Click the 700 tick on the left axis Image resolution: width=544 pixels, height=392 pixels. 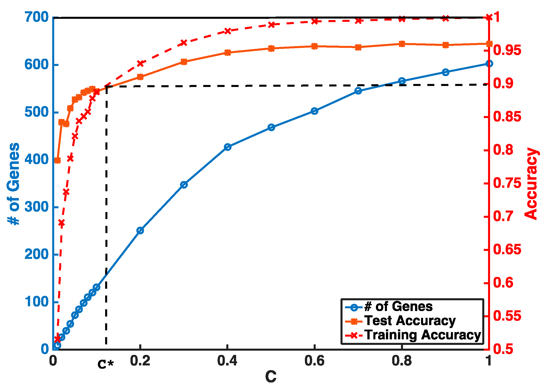tap(36, 17)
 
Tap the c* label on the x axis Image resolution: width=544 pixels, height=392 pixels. tap(106, 364)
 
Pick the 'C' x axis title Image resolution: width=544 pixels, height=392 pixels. tap(271, 377)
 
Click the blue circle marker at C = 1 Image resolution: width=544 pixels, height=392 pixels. tap(489, 64)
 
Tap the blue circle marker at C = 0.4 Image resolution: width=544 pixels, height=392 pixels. tap(228, 147)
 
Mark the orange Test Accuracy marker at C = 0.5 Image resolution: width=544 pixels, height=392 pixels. tap(271, 48)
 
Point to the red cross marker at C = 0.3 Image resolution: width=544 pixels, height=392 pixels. tap(184, 43)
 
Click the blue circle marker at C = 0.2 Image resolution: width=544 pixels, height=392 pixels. tap(140, 231)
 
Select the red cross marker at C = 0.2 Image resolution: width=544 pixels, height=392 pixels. tap(140, 63)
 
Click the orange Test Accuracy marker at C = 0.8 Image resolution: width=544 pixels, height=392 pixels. tap(402, 44)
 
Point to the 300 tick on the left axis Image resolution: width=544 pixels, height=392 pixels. tap(36, 207)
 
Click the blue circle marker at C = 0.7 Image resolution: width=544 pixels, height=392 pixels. tap(358, 91)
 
